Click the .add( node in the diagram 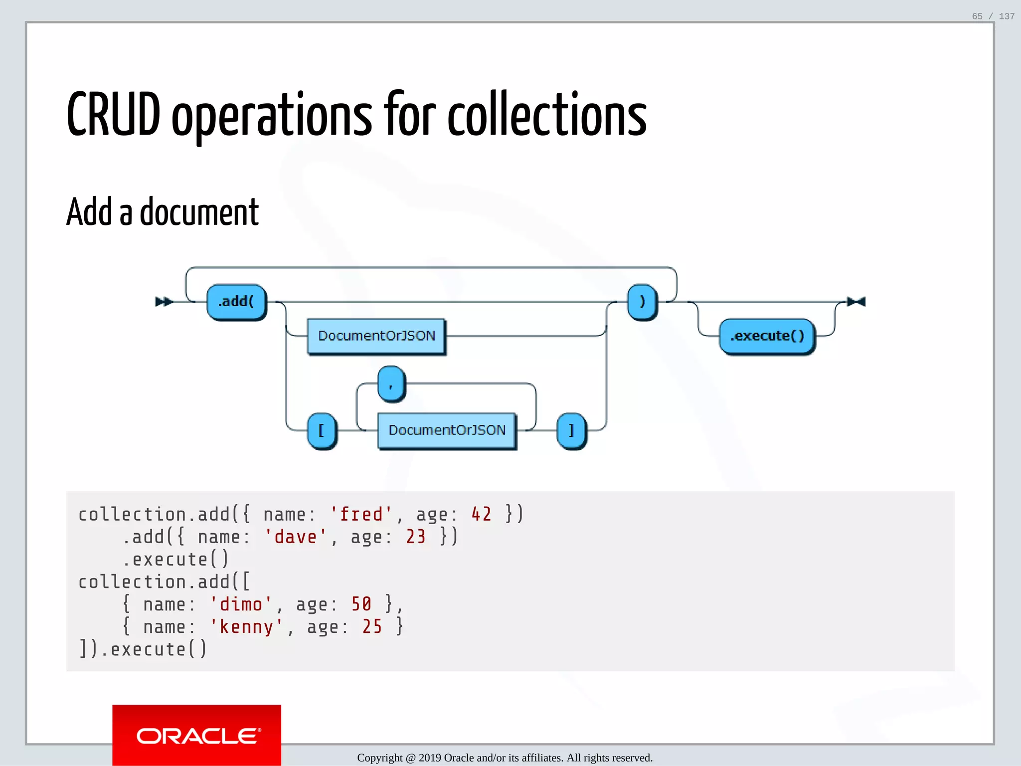pyautogui.click(x=236, y=302)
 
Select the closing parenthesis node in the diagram pyautogui.click(x=642, y=302)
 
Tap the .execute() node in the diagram pyautogui.click(x=767, y=336)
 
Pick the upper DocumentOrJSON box pyautogui.click(x=376, y=336)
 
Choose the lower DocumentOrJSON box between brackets pyautogui.click(x=447, y=430)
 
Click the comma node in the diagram pyautogui.click(x=391, y=383)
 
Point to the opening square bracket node pyautogui.click(x=322, y=430)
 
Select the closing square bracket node pyautogui.click(x=571, y=430)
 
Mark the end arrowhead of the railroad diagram pyautogui.click(x=856, y=302)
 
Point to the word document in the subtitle pyautogui.click(x=199, y=212)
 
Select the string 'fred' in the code pyautogui.click(x=361, y=514)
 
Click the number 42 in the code pyautogui.click(x=482, y=514)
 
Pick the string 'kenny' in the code pyautogui.click(x=246, y=627)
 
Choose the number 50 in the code pyautogui.click(x=361, y=604)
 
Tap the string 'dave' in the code pyautogui.click(x=295, y=537)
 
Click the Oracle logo pyautogui.click(x=197, y=736)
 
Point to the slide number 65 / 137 pyautogui.click(x=993, y=16)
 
